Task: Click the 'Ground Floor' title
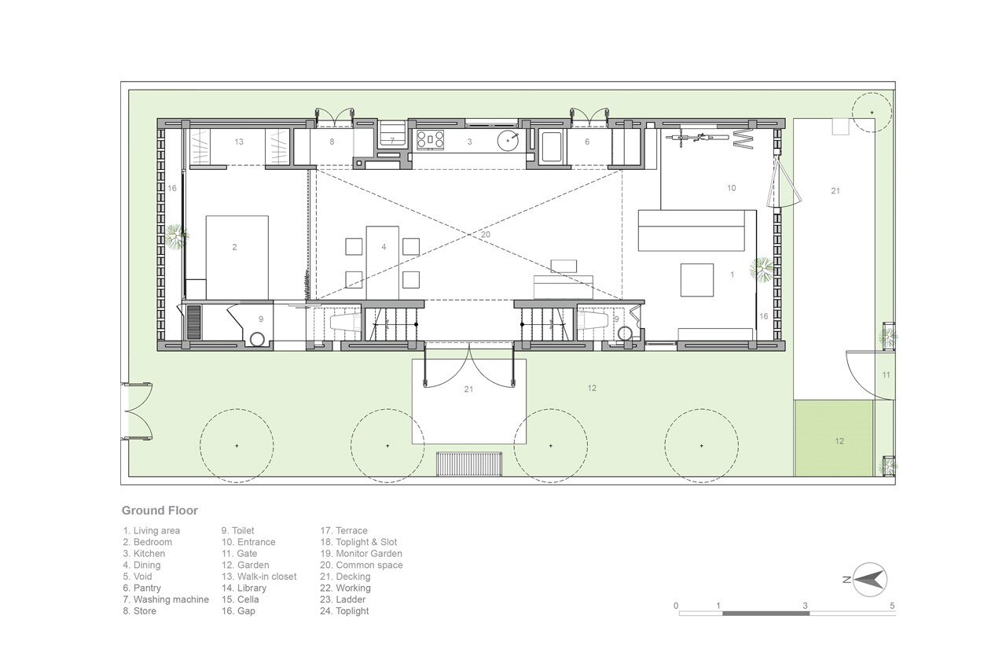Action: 160,511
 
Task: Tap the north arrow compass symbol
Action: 869,579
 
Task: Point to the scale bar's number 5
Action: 892,606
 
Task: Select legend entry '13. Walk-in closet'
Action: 259,577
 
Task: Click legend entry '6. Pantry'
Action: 142,588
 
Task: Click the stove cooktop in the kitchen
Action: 430,140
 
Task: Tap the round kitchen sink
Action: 508,141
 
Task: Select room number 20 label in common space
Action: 486,234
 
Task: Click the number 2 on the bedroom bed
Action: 234,247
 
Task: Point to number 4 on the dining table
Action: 384,247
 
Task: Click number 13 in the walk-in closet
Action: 239,142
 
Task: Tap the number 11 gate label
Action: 886,374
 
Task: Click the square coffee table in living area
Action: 697,280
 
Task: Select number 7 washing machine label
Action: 392,141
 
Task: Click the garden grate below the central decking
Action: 469,464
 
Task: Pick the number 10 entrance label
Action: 732,188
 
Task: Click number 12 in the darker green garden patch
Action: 839,441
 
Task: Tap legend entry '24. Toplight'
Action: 344,611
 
